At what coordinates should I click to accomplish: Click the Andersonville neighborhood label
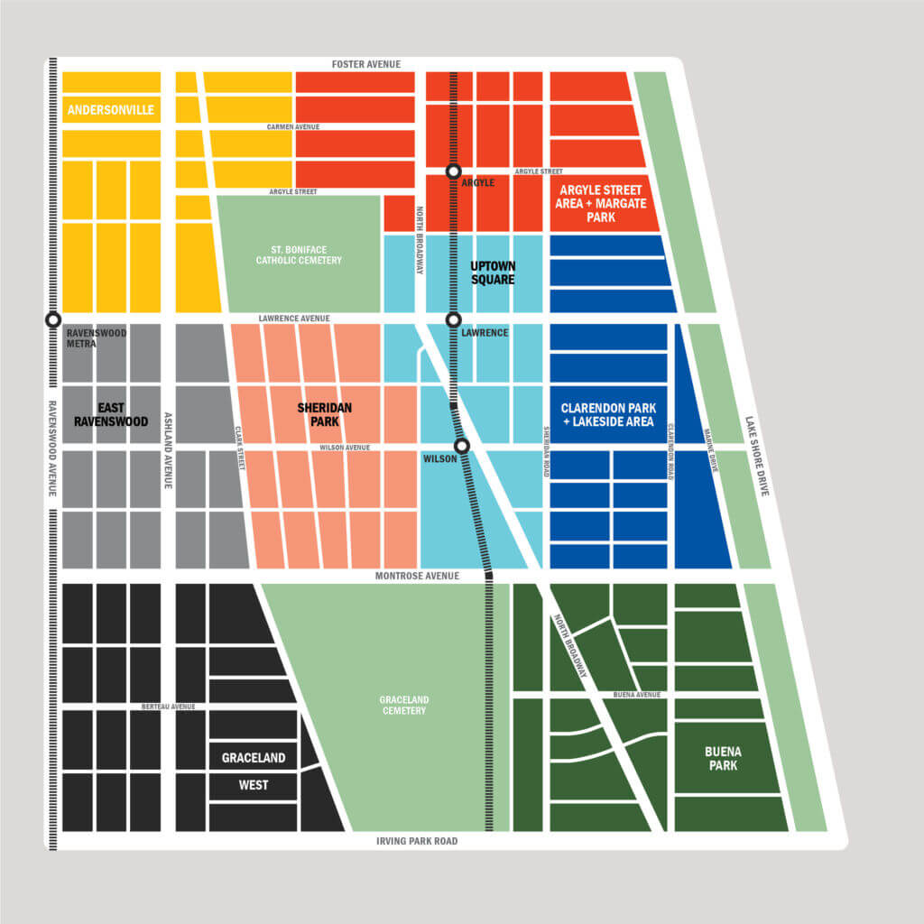point(110,111)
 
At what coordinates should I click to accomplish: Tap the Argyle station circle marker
point(454,171)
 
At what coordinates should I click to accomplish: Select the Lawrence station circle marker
point(454,319)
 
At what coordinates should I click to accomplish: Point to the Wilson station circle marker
point(462,446)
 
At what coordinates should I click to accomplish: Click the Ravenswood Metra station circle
point(53,319)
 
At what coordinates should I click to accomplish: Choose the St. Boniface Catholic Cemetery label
point(299,254)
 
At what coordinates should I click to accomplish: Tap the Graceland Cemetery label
point(403,705)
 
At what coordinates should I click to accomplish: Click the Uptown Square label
point(493,273)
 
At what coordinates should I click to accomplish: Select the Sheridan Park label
point(325,414)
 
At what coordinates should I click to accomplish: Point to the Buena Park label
point(723,758)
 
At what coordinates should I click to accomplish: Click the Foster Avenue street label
point(366,64)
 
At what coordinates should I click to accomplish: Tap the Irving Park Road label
point(417,841)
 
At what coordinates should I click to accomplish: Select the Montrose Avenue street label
point(418,576)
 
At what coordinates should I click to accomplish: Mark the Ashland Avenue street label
point(167,451)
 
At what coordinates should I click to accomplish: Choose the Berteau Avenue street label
point(168,707)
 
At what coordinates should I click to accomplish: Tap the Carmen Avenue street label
point(293,127)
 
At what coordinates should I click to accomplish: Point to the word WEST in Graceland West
point(254,785)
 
